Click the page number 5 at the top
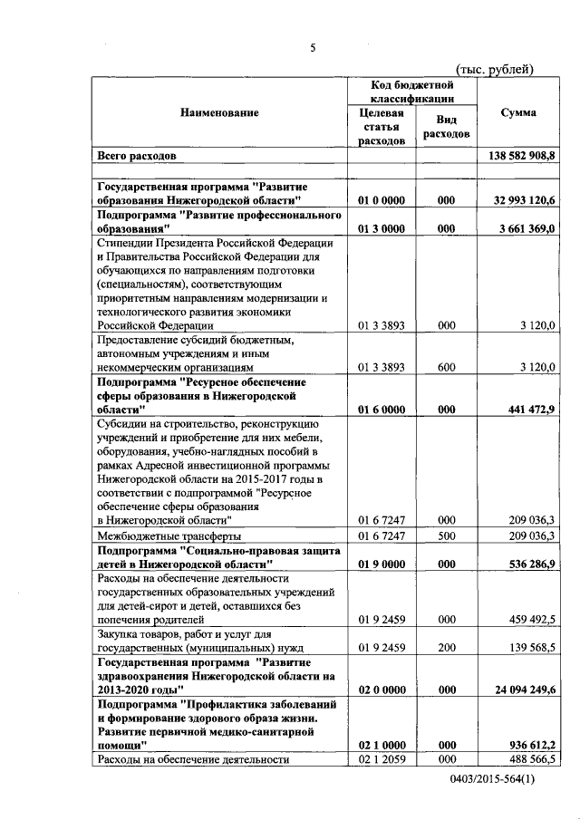[312, 48]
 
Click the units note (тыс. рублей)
[495, 70]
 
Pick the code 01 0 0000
[382, 200]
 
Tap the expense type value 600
[445, 368]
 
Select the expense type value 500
[445, 535]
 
